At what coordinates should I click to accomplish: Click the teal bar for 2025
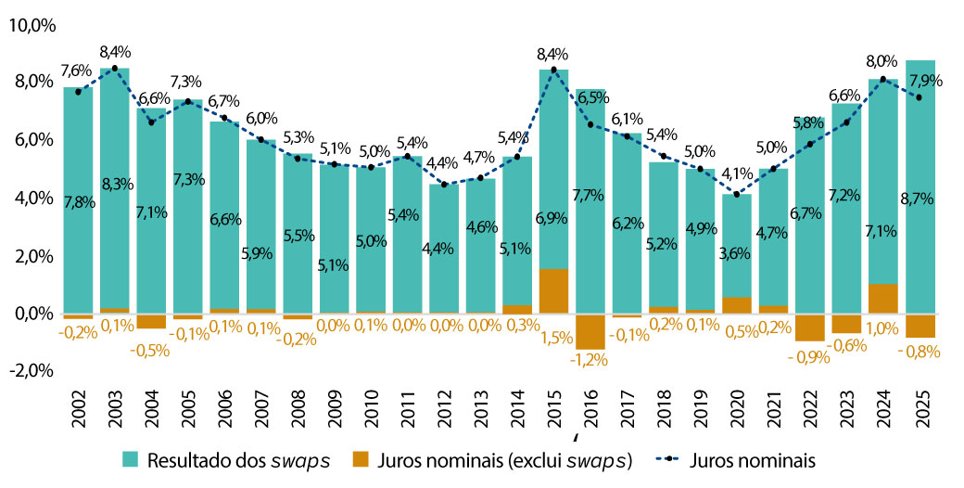point(920,186)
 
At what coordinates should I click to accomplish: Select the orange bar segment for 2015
point(553,291)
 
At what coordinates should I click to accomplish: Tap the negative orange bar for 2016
point(590,331)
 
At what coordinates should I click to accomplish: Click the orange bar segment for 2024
point(883,299)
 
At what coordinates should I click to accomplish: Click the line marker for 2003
point(115,69)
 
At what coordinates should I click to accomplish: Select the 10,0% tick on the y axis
point(32,26)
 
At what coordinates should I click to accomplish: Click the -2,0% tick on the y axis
point(32,371)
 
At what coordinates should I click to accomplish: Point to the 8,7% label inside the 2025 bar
point(920,199)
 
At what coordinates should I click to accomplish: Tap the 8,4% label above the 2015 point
point(554,54)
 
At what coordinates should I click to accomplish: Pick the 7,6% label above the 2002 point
point(78,71)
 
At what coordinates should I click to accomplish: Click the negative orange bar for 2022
point(810,327)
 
